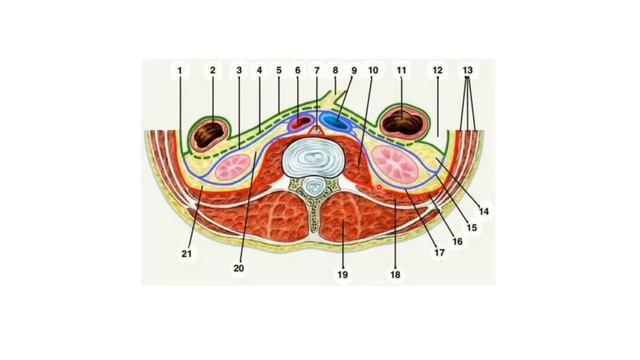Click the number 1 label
(180, 71)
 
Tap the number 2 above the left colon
(212, 71)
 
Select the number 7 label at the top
(317, 71)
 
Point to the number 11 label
(402, 71)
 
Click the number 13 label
(467, 71)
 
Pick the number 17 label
(438, 252)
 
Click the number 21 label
(186, 254)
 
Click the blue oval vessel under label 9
(337, 125)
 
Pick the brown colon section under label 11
(404, 124)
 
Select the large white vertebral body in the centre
(317, 157)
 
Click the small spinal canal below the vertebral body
(316, 186)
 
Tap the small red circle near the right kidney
(379, 186)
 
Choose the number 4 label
(258, 71)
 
